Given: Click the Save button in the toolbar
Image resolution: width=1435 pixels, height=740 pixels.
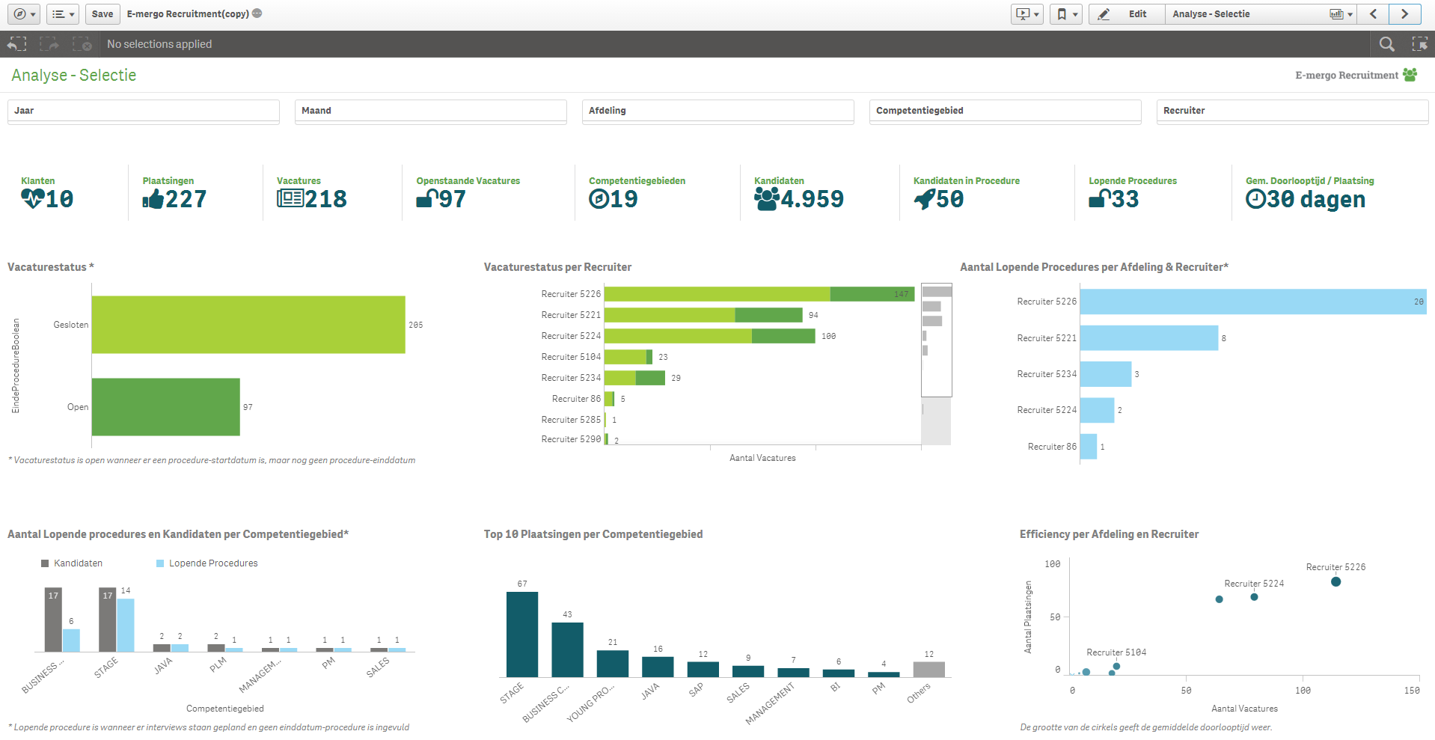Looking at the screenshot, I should coord(102,14).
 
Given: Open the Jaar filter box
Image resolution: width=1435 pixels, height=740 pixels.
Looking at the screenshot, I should coord(143,111).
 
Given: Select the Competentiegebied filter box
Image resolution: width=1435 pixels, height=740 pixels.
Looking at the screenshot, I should coord(1005,111).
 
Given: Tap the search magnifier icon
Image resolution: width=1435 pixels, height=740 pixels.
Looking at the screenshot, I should coord(1386,44).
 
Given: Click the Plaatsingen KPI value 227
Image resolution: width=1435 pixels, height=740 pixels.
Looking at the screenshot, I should coord(186,199).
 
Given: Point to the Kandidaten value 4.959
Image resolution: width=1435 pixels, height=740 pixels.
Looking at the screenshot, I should coord(812,199).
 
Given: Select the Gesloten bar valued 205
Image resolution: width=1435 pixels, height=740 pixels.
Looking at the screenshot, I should coord(248,325).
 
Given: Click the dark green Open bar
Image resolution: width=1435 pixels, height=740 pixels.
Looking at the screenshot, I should coord(166,407).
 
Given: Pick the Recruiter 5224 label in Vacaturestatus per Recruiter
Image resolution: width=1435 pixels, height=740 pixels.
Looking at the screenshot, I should coord(571,336).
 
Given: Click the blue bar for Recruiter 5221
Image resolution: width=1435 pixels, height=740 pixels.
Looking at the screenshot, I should coord(1148,338).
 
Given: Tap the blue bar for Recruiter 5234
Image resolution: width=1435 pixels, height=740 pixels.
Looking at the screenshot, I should coord(1105,374).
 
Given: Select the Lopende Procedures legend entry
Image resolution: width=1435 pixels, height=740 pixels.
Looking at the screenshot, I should coord(212,563).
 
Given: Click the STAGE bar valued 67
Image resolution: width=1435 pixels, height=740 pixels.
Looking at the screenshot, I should coord(522,634).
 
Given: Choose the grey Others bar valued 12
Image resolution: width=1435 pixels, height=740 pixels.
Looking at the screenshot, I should coord(928,670).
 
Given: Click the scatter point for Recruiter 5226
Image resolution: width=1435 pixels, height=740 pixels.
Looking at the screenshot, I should coord(1335,581).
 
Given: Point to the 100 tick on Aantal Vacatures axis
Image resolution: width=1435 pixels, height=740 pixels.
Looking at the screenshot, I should coord(1303,691).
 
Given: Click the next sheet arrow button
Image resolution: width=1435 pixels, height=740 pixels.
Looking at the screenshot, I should coord(1404,14).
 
